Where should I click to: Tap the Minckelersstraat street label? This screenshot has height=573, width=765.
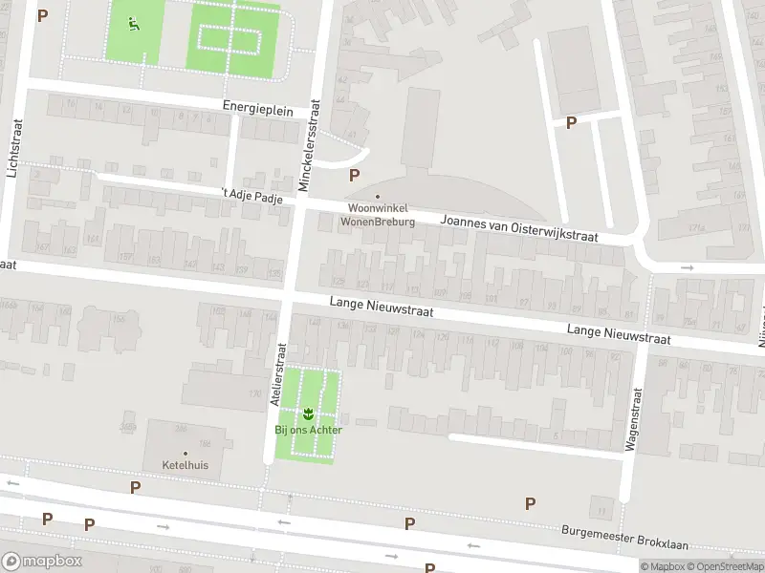(313, 146)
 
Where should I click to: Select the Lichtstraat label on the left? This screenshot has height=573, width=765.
(13, 148)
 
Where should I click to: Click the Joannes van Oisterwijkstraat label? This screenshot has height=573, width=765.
(518, 227)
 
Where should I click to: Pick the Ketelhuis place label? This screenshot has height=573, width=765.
(185, 465)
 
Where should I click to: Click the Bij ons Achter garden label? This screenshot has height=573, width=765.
(308, 429)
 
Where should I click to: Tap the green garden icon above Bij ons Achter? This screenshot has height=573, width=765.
(308, 414)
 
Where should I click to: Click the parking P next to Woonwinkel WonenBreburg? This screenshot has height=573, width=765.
(355, 175)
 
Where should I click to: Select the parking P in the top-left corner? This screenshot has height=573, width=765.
(42, 15)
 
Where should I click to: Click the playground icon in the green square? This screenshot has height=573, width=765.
(134, 25)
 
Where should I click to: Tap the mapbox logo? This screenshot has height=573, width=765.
(41, 562)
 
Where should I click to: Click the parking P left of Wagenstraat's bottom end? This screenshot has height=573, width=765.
(531, 503)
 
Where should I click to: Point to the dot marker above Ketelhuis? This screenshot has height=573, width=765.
(185, 453)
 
